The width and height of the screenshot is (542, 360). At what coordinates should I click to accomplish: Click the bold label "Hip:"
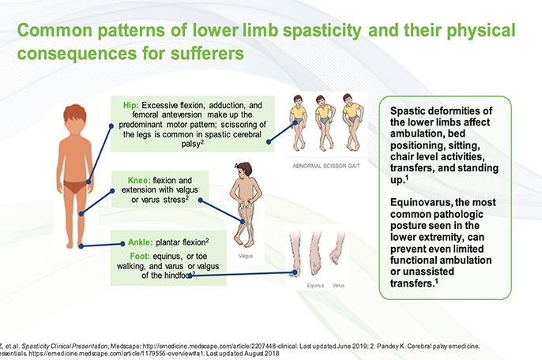coord(132,104)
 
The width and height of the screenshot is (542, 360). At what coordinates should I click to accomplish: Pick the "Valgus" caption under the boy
coord(246,256)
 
